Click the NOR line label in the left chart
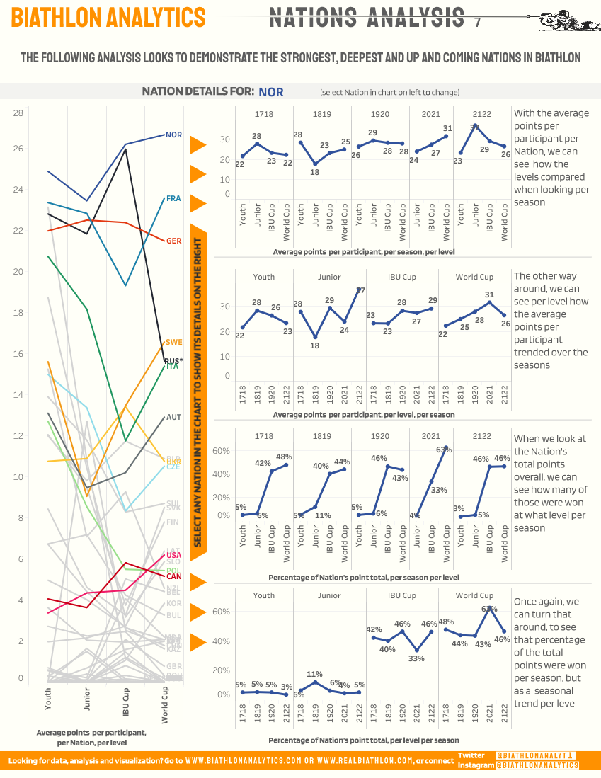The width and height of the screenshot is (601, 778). [x=173, y=135]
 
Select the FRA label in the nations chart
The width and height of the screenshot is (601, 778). [x=173, y=199]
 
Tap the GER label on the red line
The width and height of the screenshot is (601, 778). [x=173, y=241]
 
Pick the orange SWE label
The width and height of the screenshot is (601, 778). [x=173, y=343]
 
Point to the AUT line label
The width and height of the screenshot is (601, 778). [x=173, y=418]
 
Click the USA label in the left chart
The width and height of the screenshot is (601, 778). [x=173, y=555]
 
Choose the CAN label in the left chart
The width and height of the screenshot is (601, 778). [x=173, y=576]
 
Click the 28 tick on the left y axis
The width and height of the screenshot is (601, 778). [x=18, y=113]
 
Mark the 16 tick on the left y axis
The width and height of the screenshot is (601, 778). [x=18, y=354]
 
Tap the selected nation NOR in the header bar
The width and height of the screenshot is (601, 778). [x=271, y=92]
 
